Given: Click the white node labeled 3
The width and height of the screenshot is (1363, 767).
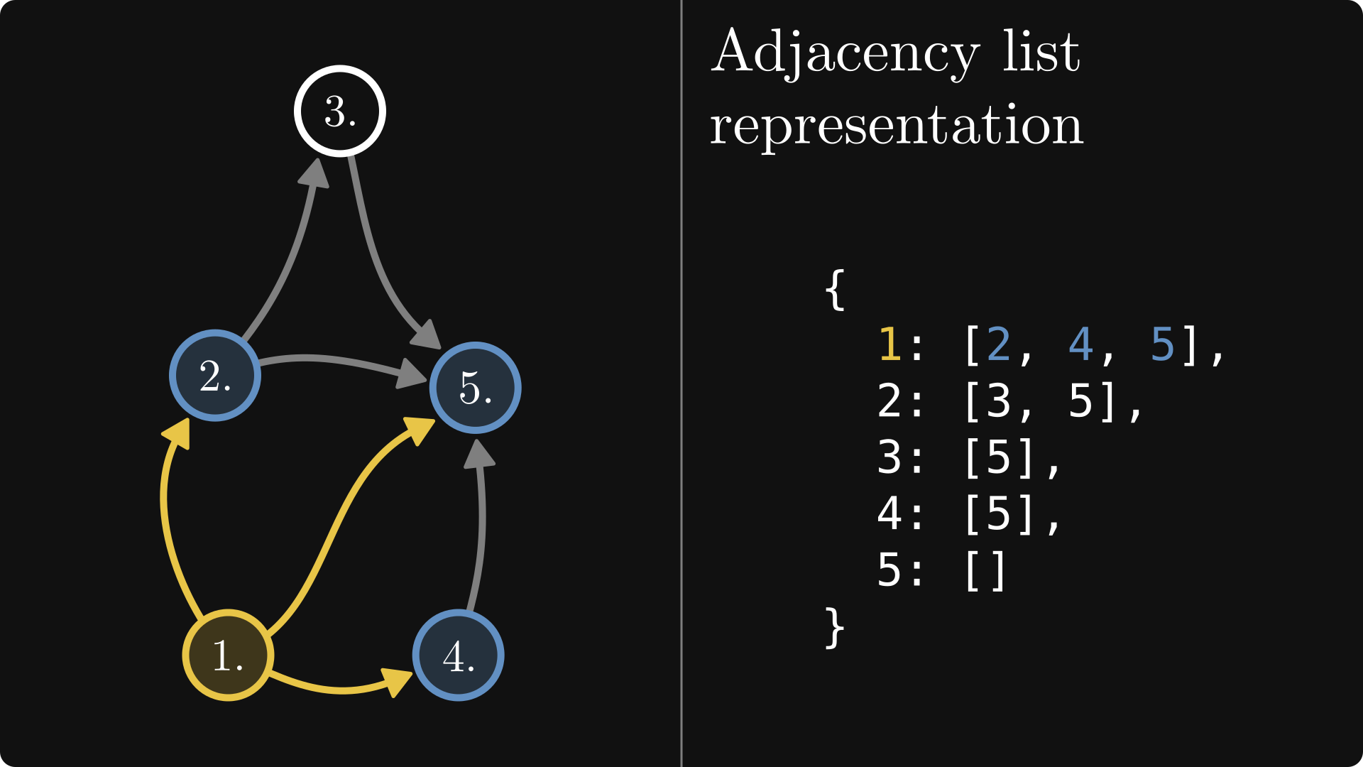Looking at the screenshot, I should coord(340,111).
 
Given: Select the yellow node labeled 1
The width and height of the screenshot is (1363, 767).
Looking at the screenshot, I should coord(228,655).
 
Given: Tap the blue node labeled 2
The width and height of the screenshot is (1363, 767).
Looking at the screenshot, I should coord(215,375).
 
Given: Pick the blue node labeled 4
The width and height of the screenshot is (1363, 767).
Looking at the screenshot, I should coord(459,655).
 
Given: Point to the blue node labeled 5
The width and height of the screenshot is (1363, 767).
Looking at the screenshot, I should coord(476,388).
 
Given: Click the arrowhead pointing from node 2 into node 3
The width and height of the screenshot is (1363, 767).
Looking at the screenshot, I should coord(314,173).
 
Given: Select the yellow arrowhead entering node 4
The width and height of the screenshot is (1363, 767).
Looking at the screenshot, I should coord(398,681).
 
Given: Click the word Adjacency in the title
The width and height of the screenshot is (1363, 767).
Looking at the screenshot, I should coord(845,53).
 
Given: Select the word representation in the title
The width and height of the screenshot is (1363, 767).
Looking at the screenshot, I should coord(896,126).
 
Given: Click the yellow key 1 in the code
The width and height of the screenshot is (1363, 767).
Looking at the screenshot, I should coord(889,345).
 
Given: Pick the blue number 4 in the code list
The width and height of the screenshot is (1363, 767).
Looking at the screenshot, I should coord(1080,345).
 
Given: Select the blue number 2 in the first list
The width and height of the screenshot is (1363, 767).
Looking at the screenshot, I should coord(998,345).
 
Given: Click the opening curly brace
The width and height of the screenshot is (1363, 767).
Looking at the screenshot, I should coord(835,289).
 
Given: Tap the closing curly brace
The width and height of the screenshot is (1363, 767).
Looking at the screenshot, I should coord(835,627).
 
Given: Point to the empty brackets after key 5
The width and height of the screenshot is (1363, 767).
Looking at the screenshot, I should coord(985,570).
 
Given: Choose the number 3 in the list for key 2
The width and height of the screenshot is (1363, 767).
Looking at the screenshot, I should coord(998,401).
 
